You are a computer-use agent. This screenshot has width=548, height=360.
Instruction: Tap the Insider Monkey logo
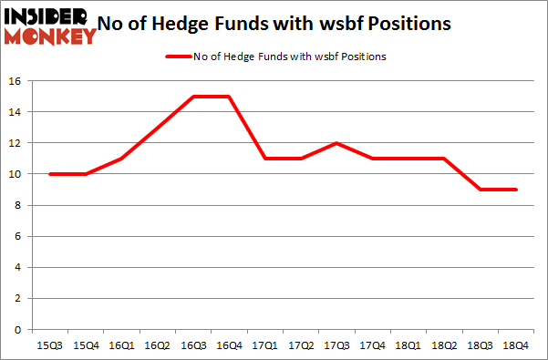pos(49,25)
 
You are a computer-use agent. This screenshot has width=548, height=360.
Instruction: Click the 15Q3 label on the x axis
pos(50,346)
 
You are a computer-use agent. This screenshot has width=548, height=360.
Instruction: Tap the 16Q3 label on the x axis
pos(192,346)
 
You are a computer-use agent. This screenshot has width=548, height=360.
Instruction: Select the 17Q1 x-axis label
pos(264,346)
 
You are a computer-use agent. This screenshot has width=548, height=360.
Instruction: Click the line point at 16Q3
pos(192,97)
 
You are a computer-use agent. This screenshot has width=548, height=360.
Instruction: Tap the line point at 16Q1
pos(121,159)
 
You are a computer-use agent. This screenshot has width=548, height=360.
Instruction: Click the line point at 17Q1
pos(264,159)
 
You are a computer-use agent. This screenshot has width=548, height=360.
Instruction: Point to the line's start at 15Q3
pos(50,174)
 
